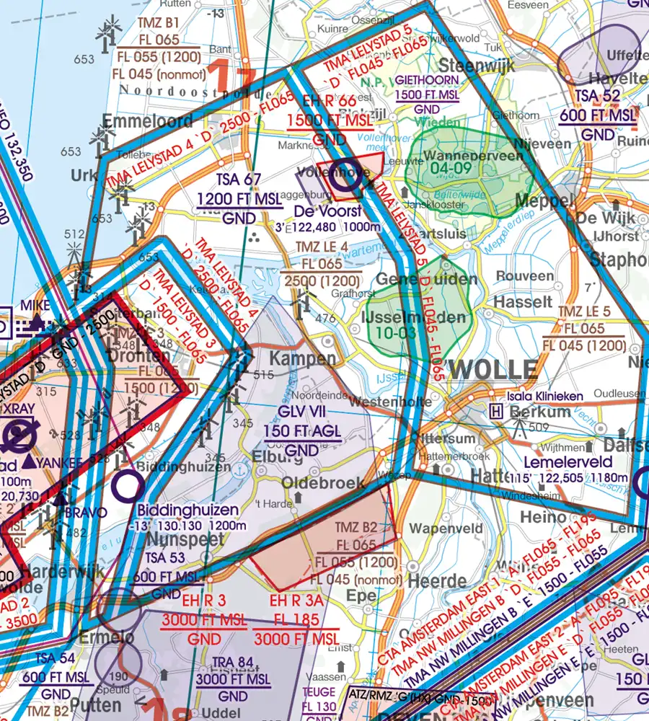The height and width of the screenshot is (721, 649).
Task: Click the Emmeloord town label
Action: point(148,120)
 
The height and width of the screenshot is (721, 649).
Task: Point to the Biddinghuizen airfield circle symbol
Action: point(128,487)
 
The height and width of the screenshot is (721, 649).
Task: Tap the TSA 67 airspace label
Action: point(229,180)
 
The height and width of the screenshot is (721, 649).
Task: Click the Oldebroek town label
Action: point(323,483)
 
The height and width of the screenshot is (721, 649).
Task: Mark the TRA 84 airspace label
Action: point(232,663)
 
